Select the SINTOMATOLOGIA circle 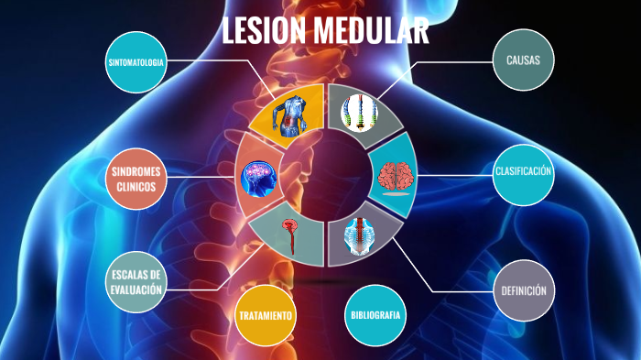click(x=136, y=61)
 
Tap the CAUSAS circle click(x=523, y=61)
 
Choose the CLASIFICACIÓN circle click(x=523, y=172)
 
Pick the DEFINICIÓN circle click(x=524, y=291)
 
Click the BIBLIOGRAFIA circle click(x=375, y=316)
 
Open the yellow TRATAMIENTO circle click(x=266, y=316)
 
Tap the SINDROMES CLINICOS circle click(x=136, y=179)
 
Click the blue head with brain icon click(x=259, y=178)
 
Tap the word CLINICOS click(x=135, y=187)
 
